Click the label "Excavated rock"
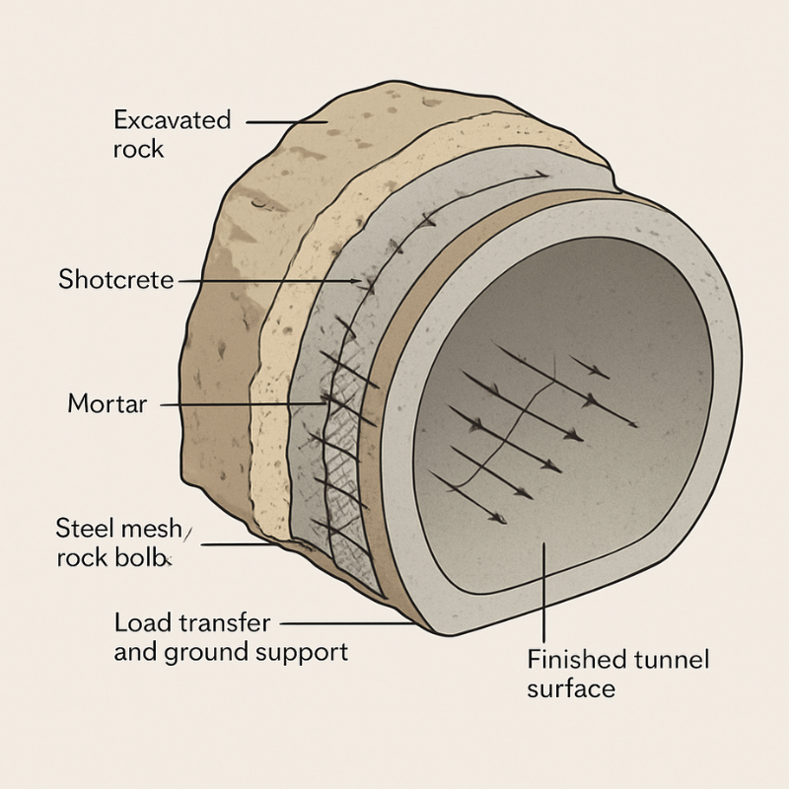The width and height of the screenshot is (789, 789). (172, 134)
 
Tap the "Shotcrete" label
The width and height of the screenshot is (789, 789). (115, 280)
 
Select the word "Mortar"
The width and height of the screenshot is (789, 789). (107, 403)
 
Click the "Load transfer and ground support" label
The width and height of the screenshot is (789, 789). (230, 637)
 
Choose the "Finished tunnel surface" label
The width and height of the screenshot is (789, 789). (617, 673)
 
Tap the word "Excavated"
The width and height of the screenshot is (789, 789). (172, 120)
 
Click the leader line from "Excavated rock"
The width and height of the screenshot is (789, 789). (286, 122)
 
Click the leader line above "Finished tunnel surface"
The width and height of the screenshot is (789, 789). (545, 592)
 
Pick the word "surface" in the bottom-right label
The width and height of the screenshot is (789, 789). (570, 687)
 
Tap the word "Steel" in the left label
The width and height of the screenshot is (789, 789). (80, 528)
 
